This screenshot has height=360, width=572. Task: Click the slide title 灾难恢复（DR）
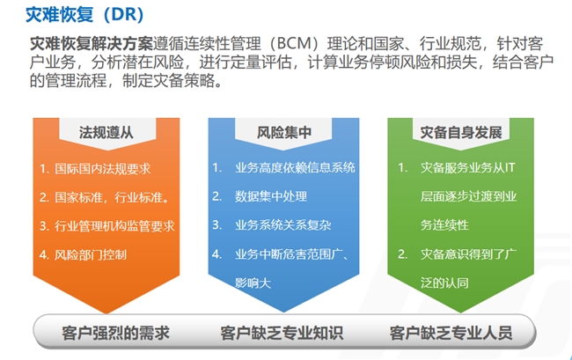(x=84, y=15)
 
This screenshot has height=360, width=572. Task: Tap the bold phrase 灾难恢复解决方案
(x=92, y=44)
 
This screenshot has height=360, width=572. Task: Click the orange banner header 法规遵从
(x=106, y=132)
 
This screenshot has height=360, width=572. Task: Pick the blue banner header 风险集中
(x=284, y=132)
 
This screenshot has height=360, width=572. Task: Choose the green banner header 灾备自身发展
(x=461, y=132)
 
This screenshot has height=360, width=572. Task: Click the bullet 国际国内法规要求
(x=102, y=168)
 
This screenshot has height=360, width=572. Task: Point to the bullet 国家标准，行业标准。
(x=112, y=197)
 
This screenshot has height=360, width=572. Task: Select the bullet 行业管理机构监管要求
(x=114, y=226)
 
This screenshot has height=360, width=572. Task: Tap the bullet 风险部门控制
(x=91, y=254)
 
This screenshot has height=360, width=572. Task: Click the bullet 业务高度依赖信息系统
(x=295, y=168)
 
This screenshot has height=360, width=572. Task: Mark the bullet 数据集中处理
(x=271, y=196)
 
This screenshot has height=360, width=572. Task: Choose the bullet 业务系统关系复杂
(x=283, y=225)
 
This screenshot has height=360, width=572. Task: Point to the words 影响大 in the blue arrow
(x=253, y=283)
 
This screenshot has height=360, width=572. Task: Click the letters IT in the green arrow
(x=510, y=168)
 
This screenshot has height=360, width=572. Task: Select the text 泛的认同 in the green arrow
(x=444, y=283)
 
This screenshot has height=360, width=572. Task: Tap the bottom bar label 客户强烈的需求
(x=116, y=333)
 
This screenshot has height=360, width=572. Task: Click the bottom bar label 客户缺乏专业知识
(x=282, y=333)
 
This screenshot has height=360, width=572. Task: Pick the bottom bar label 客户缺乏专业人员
(x=451, y=333)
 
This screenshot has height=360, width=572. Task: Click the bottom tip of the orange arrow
(x=106, y=313)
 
